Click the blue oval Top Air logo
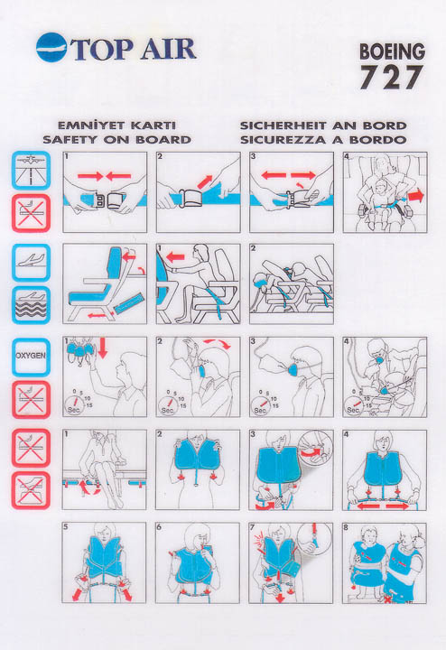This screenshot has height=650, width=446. click(x=51, y=47)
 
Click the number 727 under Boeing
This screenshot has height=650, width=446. click(x=391, y=77)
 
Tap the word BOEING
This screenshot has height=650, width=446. click(x=392, y=51)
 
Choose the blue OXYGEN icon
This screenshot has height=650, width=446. click(x=31, y=357)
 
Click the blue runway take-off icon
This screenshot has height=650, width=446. click(x=31, y=171)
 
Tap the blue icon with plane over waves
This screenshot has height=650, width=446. click(x=31, y=305)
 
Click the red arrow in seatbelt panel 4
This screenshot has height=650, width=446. click(x=416, y=196)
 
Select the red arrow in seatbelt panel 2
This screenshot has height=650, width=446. click(x=205, y=182)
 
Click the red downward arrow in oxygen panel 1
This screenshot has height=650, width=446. click(x=102, y=348)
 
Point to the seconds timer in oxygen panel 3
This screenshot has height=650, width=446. click(x=260, y=404)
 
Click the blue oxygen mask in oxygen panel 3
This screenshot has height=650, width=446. click(x=293, y=368)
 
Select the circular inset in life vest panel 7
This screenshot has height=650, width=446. click(x=314, y=541)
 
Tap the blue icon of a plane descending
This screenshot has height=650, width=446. click(x=31, y=263)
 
